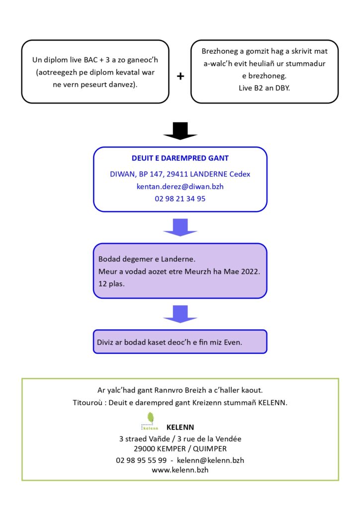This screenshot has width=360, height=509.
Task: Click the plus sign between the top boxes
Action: [180, 76]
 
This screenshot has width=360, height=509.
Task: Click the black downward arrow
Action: [180, 131]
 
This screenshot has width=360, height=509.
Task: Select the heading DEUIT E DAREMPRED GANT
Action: [180, 158]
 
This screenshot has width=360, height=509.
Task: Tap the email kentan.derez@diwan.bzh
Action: [180, 186]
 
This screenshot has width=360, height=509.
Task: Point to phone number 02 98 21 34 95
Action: [180, 199]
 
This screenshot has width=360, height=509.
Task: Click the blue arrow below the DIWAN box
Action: [180, 227]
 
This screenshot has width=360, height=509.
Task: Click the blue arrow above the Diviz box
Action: [180, 314]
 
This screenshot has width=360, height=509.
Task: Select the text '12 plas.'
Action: [111, 284]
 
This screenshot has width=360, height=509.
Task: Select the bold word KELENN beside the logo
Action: [180, 427]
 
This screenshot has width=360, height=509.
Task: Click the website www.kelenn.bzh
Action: [180, 470]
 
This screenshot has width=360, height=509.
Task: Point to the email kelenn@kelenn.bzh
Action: [210, 460]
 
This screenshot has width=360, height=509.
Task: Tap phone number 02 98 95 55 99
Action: [141, 460]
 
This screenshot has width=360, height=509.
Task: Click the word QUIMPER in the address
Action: [210, 449]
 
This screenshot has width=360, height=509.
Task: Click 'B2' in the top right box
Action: [259, 88]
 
